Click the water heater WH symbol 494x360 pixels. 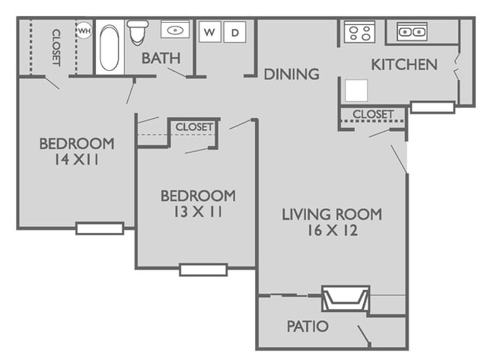[x=83, y=31]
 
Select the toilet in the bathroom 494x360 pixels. [x=138, y=33]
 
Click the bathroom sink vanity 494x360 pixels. [x=175, y=30]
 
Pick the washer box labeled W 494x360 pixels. [x=210, y=32]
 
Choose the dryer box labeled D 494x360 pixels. [x=235, y=32]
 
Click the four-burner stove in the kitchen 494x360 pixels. [x=358, y=33]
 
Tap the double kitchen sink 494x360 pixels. [x=412, y=32]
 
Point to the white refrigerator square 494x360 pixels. [x=356, y=90]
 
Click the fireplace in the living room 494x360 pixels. [x=345, y=298]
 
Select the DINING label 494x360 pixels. [x=291, y=74]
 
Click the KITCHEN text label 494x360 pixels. [x=403, y=65]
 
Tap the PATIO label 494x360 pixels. [x=308, y=327]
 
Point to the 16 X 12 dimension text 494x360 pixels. [x=331, y=231]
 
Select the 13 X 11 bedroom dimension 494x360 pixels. [x=197, y=212]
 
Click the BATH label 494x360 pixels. [x=161, y=58]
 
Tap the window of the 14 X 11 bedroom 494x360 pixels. [x=100, y=228]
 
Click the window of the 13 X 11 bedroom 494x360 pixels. [x=203, y=269]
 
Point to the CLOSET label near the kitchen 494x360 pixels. [x=373, y=114]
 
